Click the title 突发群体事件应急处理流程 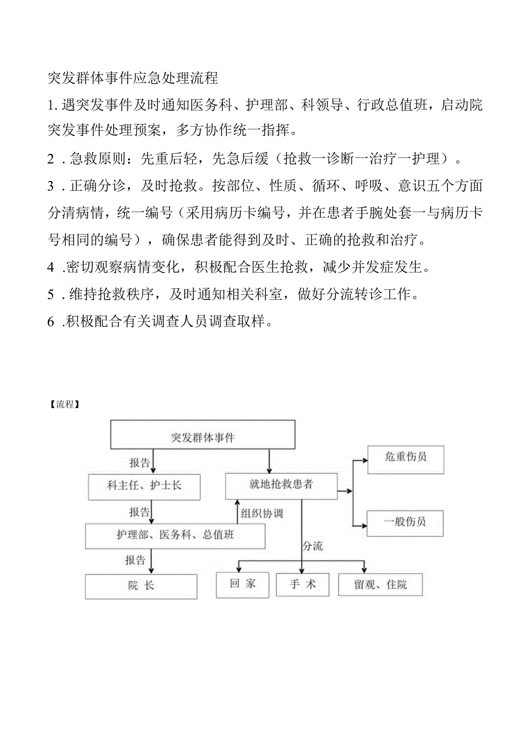[x=132, y=78]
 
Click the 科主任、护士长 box [x=144, y=485]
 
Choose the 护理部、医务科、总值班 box [x=175, y=536]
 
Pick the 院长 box [x=141, y=586]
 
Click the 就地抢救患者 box [x=281, y=484]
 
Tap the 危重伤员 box [x=405, y=458]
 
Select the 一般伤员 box [x=405, y=522]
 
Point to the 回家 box [x=242, y=584]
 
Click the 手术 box [x=302, y=585]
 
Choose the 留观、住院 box [x=380, y=585]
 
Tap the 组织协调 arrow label [x=262, y=513]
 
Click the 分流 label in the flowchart [x=312, y=546]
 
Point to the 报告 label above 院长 [x=136, y=560]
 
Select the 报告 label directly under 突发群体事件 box [x=139, y=463]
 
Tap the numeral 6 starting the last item [x=51, y=322]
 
